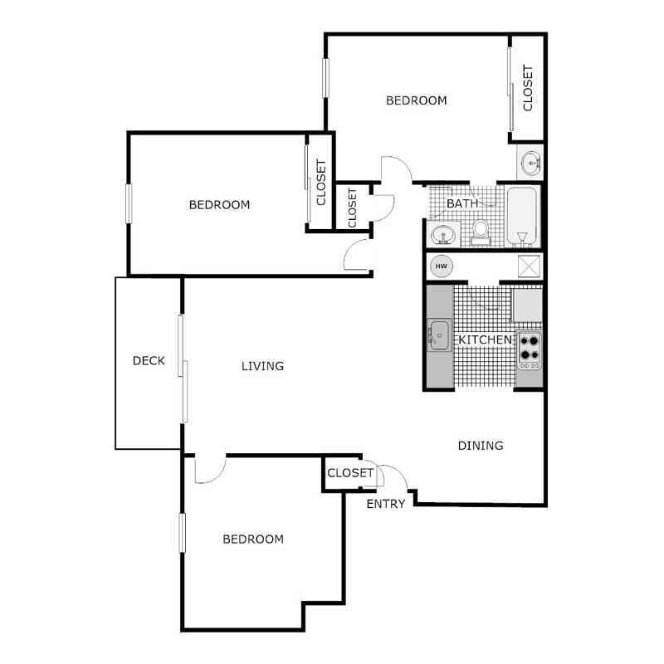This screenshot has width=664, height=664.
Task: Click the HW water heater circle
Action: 442,266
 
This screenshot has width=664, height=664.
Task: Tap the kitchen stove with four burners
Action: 529,350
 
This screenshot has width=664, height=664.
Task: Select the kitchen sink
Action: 438,334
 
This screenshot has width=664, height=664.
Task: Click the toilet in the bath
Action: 480,231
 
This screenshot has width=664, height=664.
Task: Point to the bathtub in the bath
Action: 522,217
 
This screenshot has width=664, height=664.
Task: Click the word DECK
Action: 149,361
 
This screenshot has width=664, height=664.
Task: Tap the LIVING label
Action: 262,366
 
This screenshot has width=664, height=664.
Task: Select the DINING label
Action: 481,446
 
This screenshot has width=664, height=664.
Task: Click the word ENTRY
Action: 386,504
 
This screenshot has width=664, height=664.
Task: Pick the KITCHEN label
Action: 486,341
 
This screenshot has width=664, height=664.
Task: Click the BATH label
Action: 461,203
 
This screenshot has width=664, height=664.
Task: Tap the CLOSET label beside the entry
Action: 350,473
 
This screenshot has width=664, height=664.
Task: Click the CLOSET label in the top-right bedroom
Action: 528,89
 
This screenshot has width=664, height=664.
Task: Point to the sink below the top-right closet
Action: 529,163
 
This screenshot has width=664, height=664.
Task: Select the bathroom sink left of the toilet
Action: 445,235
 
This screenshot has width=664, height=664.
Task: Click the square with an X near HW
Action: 529,266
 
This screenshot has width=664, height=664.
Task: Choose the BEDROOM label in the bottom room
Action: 253,539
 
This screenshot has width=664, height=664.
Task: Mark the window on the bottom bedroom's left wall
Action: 183,532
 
